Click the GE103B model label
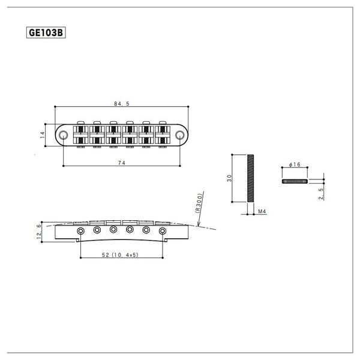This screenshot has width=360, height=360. (46, 34)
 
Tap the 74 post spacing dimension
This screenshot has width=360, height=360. (122, 163)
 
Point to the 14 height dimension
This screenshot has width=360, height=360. (43, 135)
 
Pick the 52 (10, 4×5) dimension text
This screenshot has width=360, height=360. (121, 255)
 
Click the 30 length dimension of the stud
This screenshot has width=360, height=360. (230, 178)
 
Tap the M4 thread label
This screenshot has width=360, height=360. (262, 212)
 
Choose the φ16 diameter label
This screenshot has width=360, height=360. (294, 165)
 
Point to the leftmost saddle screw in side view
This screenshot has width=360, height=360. (80, 230)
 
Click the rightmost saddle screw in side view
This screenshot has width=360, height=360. (162, 230)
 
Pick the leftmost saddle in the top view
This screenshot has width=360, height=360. (80, 135)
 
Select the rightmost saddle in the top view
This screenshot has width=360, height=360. (163, 135)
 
